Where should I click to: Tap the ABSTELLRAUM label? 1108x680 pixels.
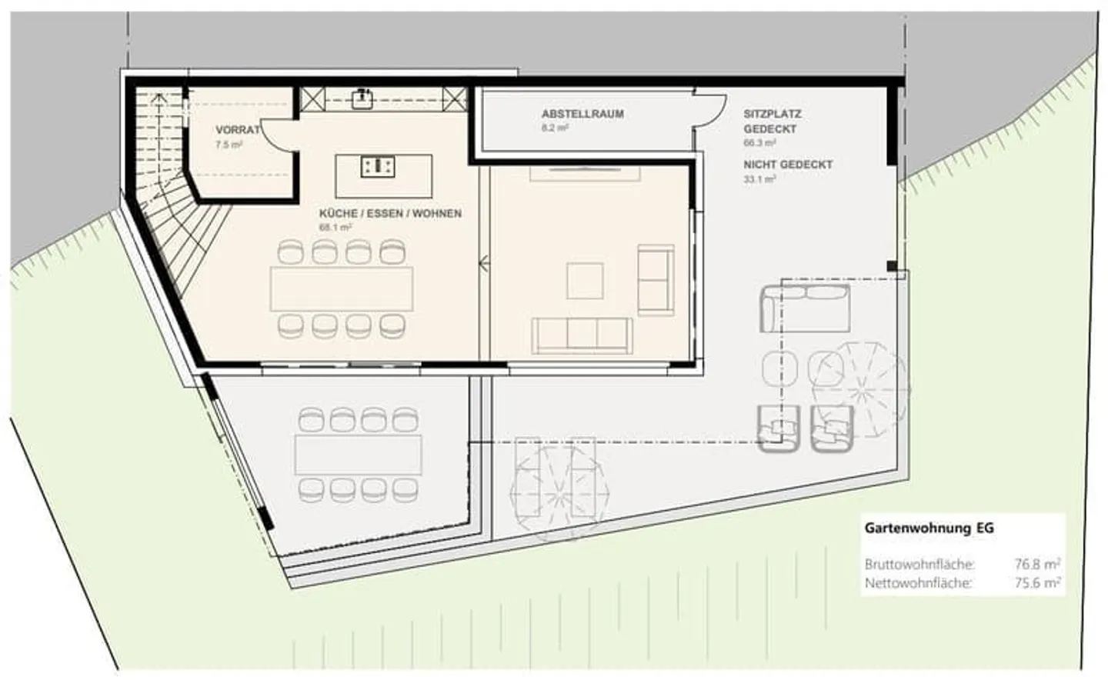(x=582, y=114)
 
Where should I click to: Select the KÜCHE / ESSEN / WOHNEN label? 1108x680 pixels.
(x=390, y=213)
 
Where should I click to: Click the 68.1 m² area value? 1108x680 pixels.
(x=335, y=228)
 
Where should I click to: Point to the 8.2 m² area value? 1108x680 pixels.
(x=554, y=128)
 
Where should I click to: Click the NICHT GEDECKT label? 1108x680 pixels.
(x=788, y=165)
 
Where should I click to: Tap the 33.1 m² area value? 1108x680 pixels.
(x=759, y=179)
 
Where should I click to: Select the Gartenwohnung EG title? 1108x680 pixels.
(x=929, y=528)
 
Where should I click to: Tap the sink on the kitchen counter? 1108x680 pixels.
(x=362, y=98)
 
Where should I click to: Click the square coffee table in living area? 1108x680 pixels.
(x=585, y=281)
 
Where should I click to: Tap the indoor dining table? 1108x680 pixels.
(x=341, y=288)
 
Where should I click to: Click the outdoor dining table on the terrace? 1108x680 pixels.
(x=359, y=454)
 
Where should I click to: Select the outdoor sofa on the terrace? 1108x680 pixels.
(x=805, y=308)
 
